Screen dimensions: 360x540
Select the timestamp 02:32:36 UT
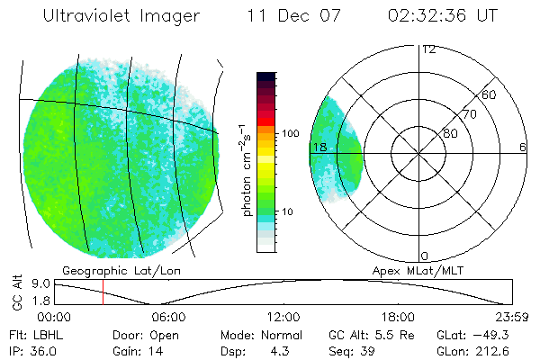pos(444,16)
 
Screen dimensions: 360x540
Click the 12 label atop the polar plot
pos(428,49)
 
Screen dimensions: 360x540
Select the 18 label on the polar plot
pos(319,147)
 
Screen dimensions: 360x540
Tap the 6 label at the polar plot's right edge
pos(522,147)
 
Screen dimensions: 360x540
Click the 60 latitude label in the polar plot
pos(490,94)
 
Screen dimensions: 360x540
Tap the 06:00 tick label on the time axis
pos(168,317)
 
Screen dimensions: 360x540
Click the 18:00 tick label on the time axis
pos(398,317)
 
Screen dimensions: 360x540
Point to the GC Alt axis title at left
pos(17,292)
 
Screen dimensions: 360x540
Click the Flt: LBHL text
pos(32,334)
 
